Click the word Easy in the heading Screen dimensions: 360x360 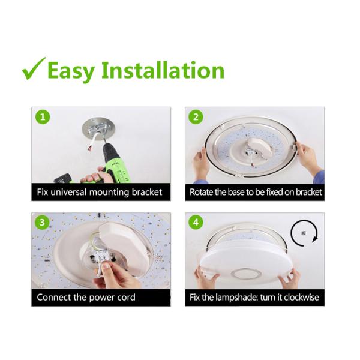[x=71, y=71]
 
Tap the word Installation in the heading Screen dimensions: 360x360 [x=163, y=70]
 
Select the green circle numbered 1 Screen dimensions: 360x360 [x=43, y=118]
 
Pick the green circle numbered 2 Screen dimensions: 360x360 [x=196, y=118]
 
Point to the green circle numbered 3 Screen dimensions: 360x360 [x=42, y=223]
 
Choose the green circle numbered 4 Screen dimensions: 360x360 [x=196, y=223]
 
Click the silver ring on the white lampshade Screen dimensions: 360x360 [x=246, y=274]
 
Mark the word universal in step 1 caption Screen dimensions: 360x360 [x=68, y=192]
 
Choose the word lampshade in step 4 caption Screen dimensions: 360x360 [x=237, y=298]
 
